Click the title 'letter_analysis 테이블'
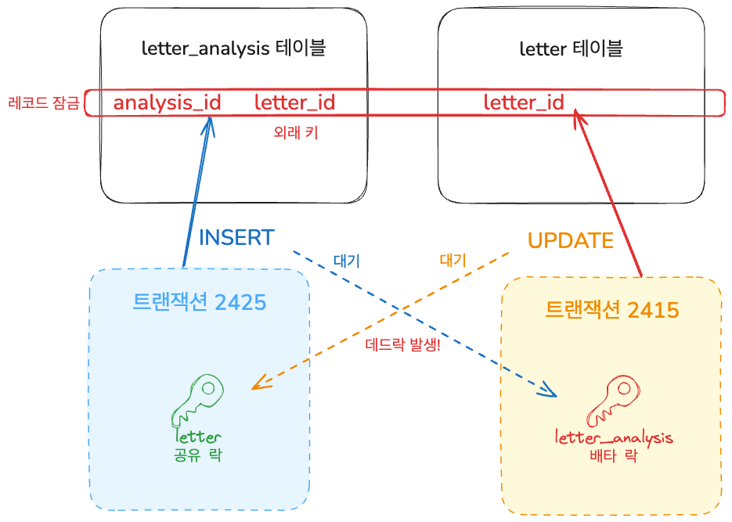tap(233, 49)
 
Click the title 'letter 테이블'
tap(571, 49)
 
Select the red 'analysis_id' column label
tap(167, 103)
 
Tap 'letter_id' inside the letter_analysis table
tap(294, 103)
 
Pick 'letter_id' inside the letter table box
tap(524, 103)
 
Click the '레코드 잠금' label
tap(43, 103)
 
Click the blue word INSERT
tap(236, 238)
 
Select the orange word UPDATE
tap(570, 240)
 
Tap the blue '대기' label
tap(346, 261)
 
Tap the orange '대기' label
tap(453, 261)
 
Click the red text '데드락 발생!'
tap(403, 345)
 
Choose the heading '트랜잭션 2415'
tap(611, 309)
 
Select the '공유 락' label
tap(198, 454)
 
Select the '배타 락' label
tap(614, 455)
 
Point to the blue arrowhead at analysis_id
tap(209, 125)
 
